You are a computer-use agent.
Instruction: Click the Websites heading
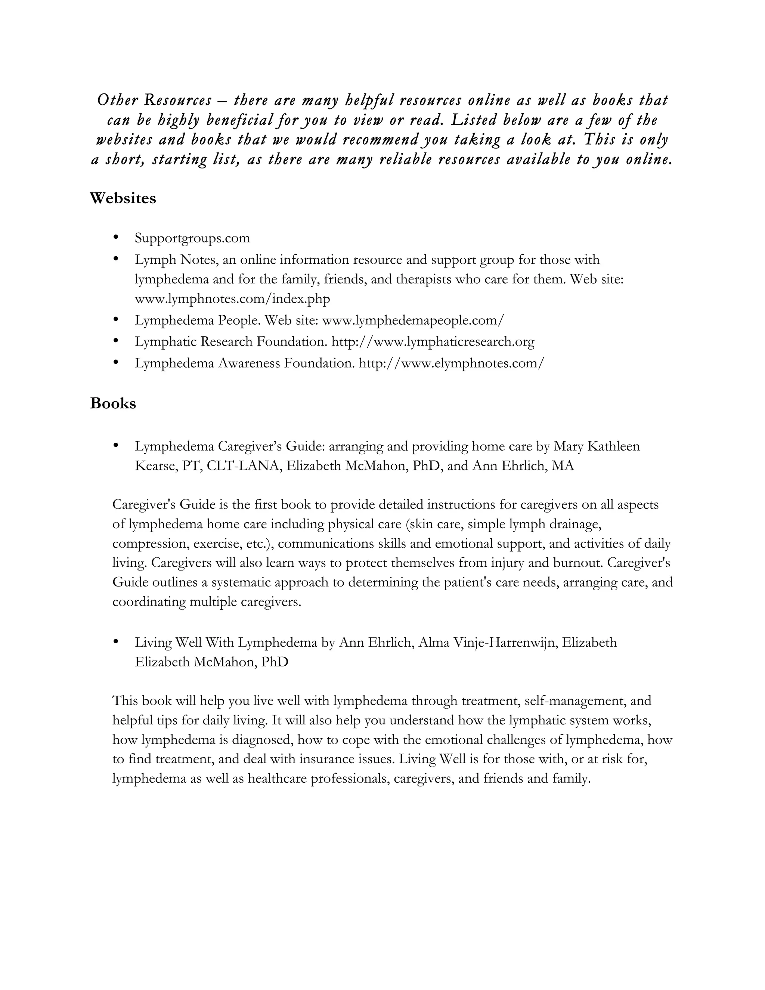123,198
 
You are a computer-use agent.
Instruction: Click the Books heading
113,403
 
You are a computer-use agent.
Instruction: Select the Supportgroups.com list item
192,238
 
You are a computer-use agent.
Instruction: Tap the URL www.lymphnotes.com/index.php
232,299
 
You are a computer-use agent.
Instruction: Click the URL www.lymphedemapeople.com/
412,320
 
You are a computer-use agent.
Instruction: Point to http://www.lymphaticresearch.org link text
433,341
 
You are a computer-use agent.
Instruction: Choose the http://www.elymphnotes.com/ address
451,363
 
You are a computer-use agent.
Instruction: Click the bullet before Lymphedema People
116,319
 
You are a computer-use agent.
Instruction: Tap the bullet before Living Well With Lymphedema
116,641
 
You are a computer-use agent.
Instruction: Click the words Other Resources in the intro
155,100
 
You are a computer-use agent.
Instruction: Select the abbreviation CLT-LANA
242,466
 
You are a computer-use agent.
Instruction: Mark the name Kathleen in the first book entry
614,446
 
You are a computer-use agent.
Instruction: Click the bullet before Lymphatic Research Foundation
116,340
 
